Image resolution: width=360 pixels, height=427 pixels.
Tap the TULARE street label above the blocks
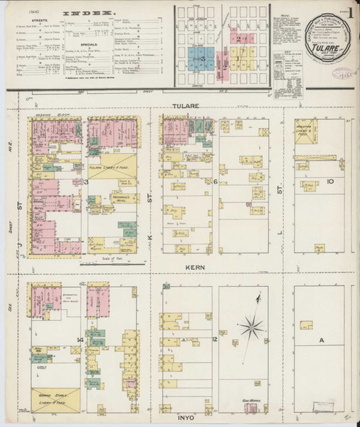[x=187, y=105]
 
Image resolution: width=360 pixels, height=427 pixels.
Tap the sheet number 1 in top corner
[x=349, y=11]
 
